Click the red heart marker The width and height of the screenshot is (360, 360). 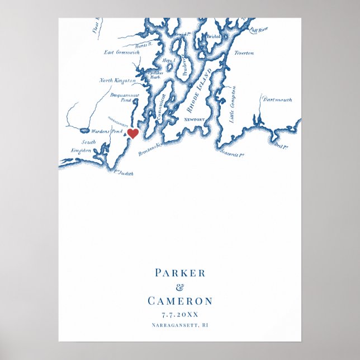coord(133,133)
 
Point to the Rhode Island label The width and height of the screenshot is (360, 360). coord(200,92)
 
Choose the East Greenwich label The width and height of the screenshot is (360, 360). coord(121,53)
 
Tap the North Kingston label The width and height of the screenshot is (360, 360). coord(117,80)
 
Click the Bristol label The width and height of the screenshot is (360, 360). coord(214,36)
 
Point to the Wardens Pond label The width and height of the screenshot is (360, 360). coord(107,131)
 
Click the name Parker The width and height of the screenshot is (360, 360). coord(180,273)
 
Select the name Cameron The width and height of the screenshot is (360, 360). coord(180,301)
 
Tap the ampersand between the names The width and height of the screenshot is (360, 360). coord(179,287)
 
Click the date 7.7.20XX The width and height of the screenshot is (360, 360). coord(180,314)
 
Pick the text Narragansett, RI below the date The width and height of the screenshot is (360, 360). coord(180,325)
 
